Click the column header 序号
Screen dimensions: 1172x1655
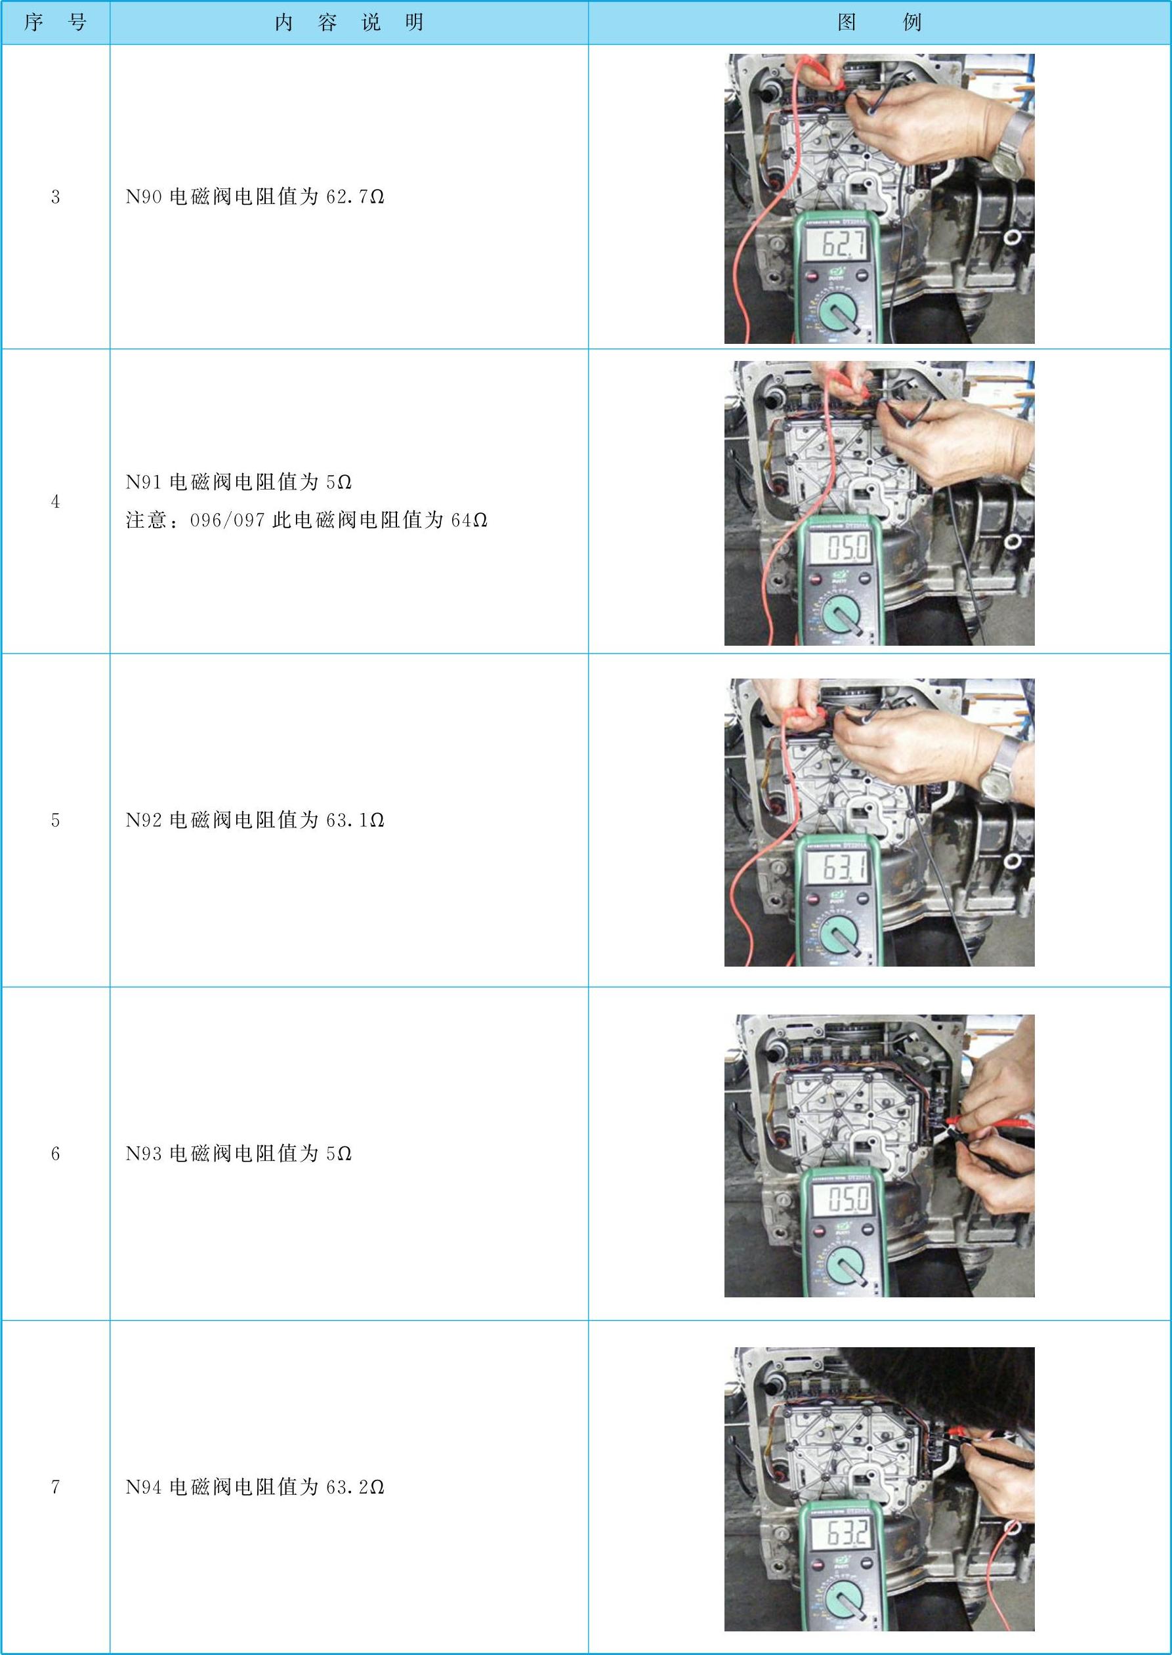pos(55,22)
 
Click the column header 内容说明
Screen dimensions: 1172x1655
pos(349,22)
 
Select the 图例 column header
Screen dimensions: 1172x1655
pos(879,22)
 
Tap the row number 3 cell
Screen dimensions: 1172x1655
pos(56,197)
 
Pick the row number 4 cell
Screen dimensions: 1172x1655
pos(56,501)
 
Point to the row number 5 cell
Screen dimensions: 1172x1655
pos(56,820)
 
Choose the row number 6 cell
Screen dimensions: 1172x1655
pos(56,1154)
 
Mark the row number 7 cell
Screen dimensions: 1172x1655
pos(56,1487)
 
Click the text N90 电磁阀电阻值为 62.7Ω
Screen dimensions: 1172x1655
pos(255,196)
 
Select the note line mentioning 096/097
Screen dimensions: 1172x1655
pos(306,520)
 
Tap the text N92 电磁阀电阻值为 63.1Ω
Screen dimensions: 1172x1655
pos(255,820)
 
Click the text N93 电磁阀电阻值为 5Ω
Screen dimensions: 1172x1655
pos(239,1154)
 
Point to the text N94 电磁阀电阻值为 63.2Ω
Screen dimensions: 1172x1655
pos(255,1487)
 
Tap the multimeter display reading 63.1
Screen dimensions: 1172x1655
pos(839,867)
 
